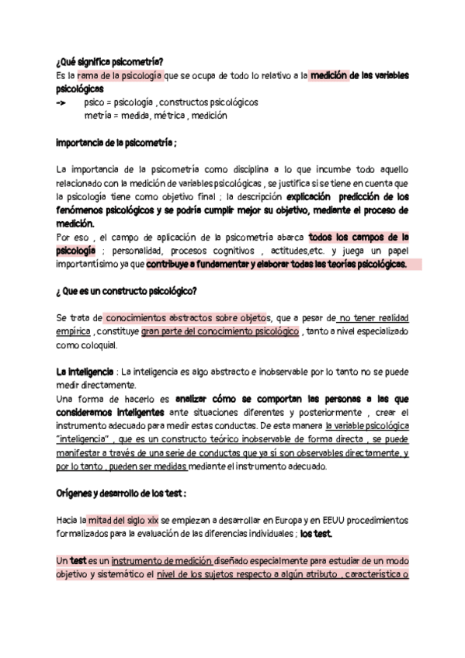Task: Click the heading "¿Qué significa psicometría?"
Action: tap(109, 61)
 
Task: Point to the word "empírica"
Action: tap(75, 331)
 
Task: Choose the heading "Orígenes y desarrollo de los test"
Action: tap(122, 493)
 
